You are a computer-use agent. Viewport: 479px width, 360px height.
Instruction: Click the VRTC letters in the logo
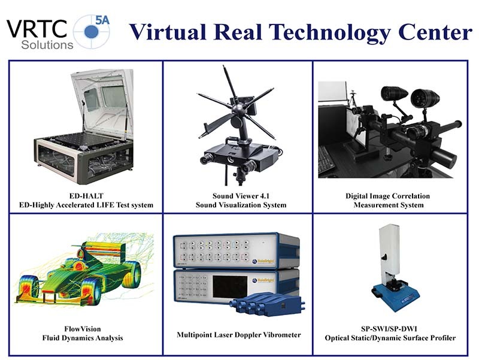coord(37,29)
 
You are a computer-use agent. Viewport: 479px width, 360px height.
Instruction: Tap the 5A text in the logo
coord(102,20)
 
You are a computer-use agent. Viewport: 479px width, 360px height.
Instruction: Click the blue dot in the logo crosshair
coord(91,32)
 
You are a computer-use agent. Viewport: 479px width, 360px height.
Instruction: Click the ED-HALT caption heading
coord(86,196)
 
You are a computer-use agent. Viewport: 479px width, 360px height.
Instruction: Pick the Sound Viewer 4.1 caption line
coord(241,196)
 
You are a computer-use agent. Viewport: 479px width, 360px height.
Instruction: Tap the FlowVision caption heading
coord(83,329)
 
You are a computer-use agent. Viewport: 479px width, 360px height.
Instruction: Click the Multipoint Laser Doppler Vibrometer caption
coord(239,335)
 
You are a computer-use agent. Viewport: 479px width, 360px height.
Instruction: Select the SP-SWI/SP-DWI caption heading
coord(389,329)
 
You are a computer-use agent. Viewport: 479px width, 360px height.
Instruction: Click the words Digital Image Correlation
coord(387,196)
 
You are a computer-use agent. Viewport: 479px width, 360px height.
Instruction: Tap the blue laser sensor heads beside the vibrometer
coord(268,304)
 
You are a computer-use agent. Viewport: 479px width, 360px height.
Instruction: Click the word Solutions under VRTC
coord(47,45)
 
